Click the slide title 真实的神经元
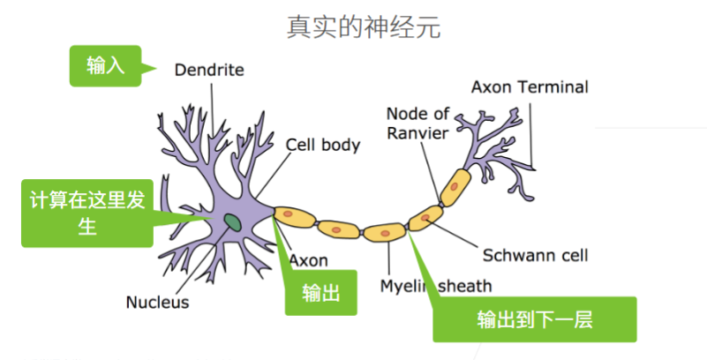pos(364,26)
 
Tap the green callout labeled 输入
pos(105,66)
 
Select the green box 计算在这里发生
pos(86,214)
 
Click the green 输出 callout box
pos(320,292)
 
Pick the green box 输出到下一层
pos(534,319)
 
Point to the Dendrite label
pos(208,69)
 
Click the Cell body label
pos(322,144)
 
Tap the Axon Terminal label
pos(529,87)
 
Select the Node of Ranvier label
pos(417,123)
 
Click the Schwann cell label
pos(535,256)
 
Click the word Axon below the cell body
pos(308,260)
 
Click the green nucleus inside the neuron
pos(233,221)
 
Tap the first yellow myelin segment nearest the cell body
pos(296,217)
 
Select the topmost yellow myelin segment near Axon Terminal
pos(457,184)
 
